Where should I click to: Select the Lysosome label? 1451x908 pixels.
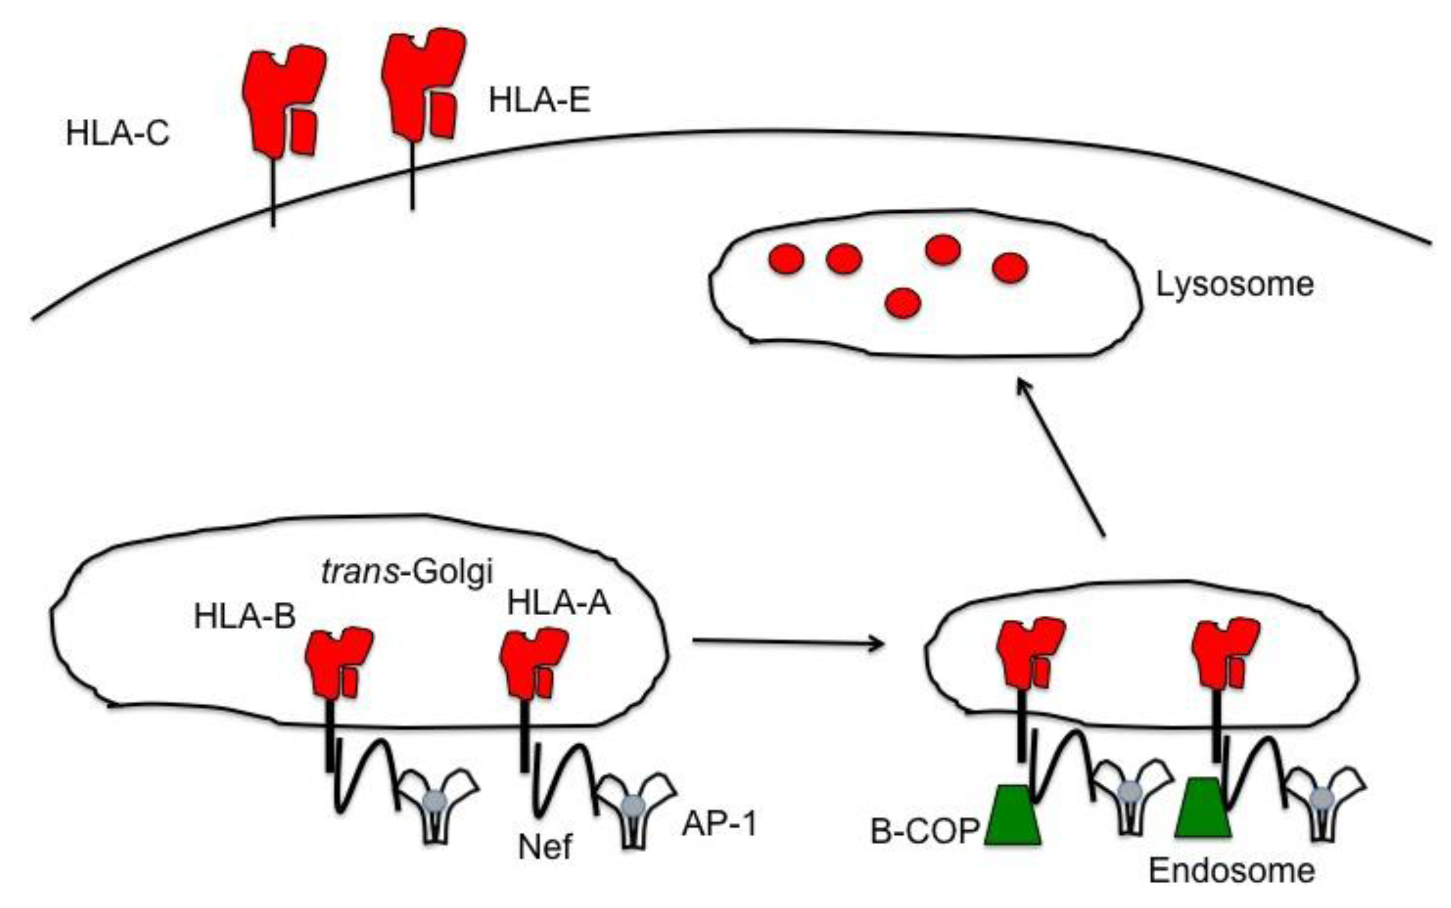(1235, 284)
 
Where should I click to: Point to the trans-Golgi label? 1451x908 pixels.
(407, 571)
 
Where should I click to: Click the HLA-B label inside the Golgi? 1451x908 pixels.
(244, 616)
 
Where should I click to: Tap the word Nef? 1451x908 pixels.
(545, 847)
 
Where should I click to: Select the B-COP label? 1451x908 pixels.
(925, 832)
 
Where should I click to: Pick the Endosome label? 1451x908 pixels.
(1232, 871)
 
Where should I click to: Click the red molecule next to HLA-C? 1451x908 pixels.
(282, 99)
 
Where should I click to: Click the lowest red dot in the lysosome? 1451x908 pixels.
(902, 302)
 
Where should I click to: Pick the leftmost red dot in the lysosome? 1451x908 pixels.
(787, 259)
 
